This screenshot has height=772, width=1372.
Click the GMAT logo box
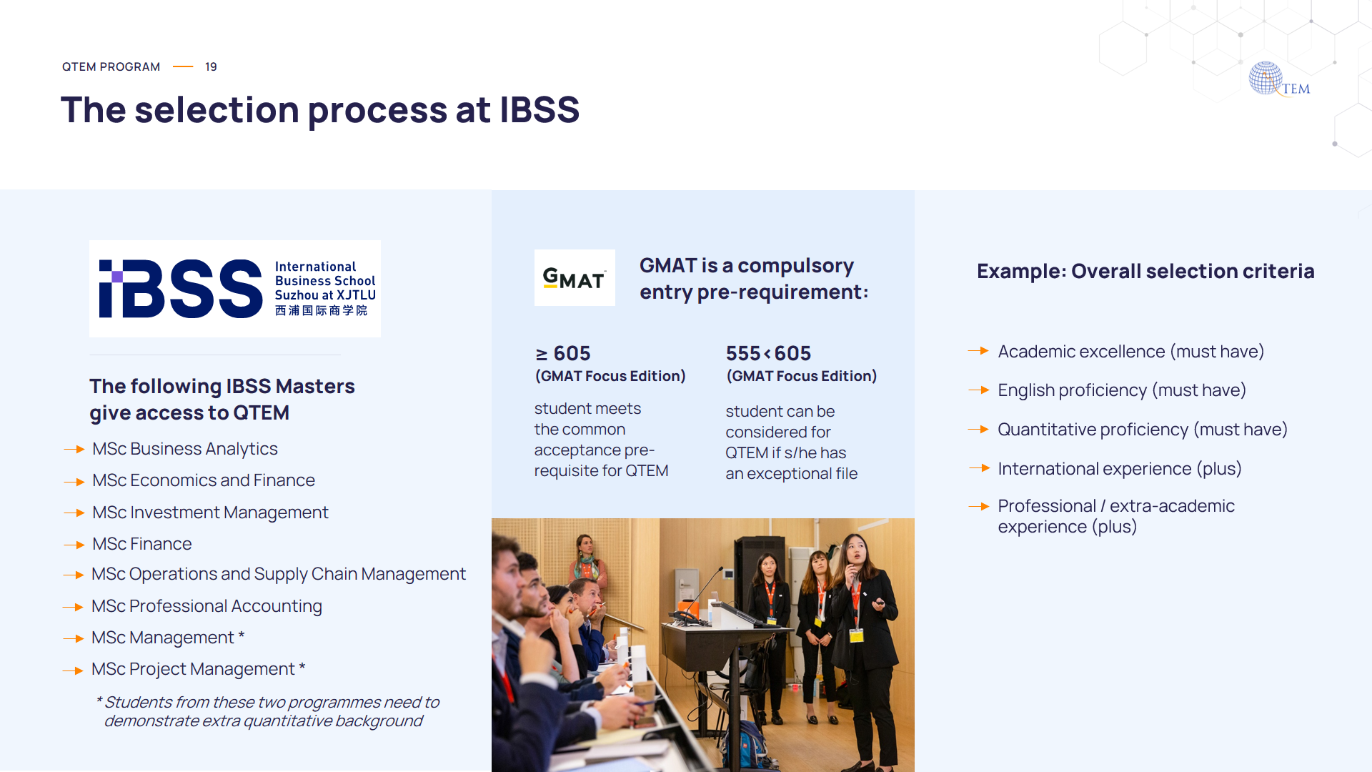(x=575, y=277)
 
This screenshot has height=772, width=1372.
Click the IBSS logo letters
(x=181, y=289)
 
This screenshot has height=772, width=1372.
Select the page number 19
(x=211, y=66)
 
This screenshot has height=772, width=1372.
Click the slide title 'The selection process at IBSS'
(x=319, y=110)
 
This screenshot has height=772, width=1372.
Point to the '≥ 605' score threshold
(x=563, y=353)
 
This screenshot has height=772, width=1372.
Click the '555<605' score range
(x=768, y=353)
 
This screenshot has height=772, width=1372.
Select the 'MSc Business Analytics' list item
(x=184, y=449)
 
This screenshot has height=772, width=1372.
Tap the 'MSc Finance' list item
(x=141, y=544)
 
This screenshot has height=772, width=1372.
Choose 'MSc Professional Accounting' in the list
(x=207, y=606)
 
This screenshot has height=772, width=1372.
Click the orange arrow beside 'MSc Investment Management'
(x=74, y=513)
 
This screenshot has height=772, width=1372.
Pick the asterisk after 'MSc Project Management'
(x=302, y=666)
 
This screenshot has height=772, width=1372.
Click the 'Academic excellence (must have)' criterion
(x=1130, y=352)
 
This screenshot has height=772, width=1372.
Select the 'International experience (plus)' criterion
(x=1119, y=469)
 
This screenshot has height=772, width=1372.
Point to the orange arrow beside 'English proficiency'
(x=978, y=390)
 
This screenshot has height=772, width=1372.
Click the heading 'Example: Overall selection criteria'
(x=1145, y=272)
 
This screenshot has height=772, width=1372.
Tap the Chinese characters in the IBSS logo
(x=321, y=310)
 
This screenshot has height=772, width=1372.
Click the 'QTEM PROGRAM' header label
(x=111, y=66)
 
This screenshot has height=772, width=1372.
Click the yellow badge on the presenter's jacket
(x=857, y=635)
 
